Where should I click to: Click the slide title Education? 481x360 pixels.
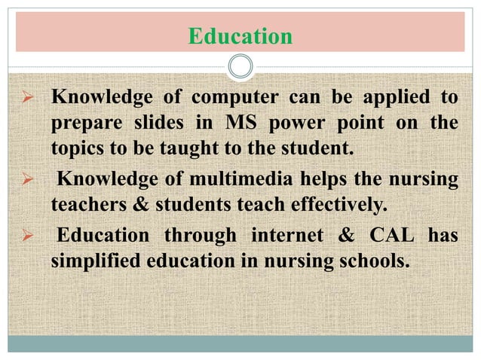240,36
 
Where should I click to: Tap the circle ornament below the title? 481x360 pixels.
240,68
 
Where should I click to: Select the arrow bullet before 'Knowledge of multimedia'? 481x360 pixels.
29,179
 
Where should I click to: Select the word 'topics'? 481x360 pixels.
77,146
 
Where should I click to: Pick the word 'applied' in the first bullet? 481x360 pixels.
398,99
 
